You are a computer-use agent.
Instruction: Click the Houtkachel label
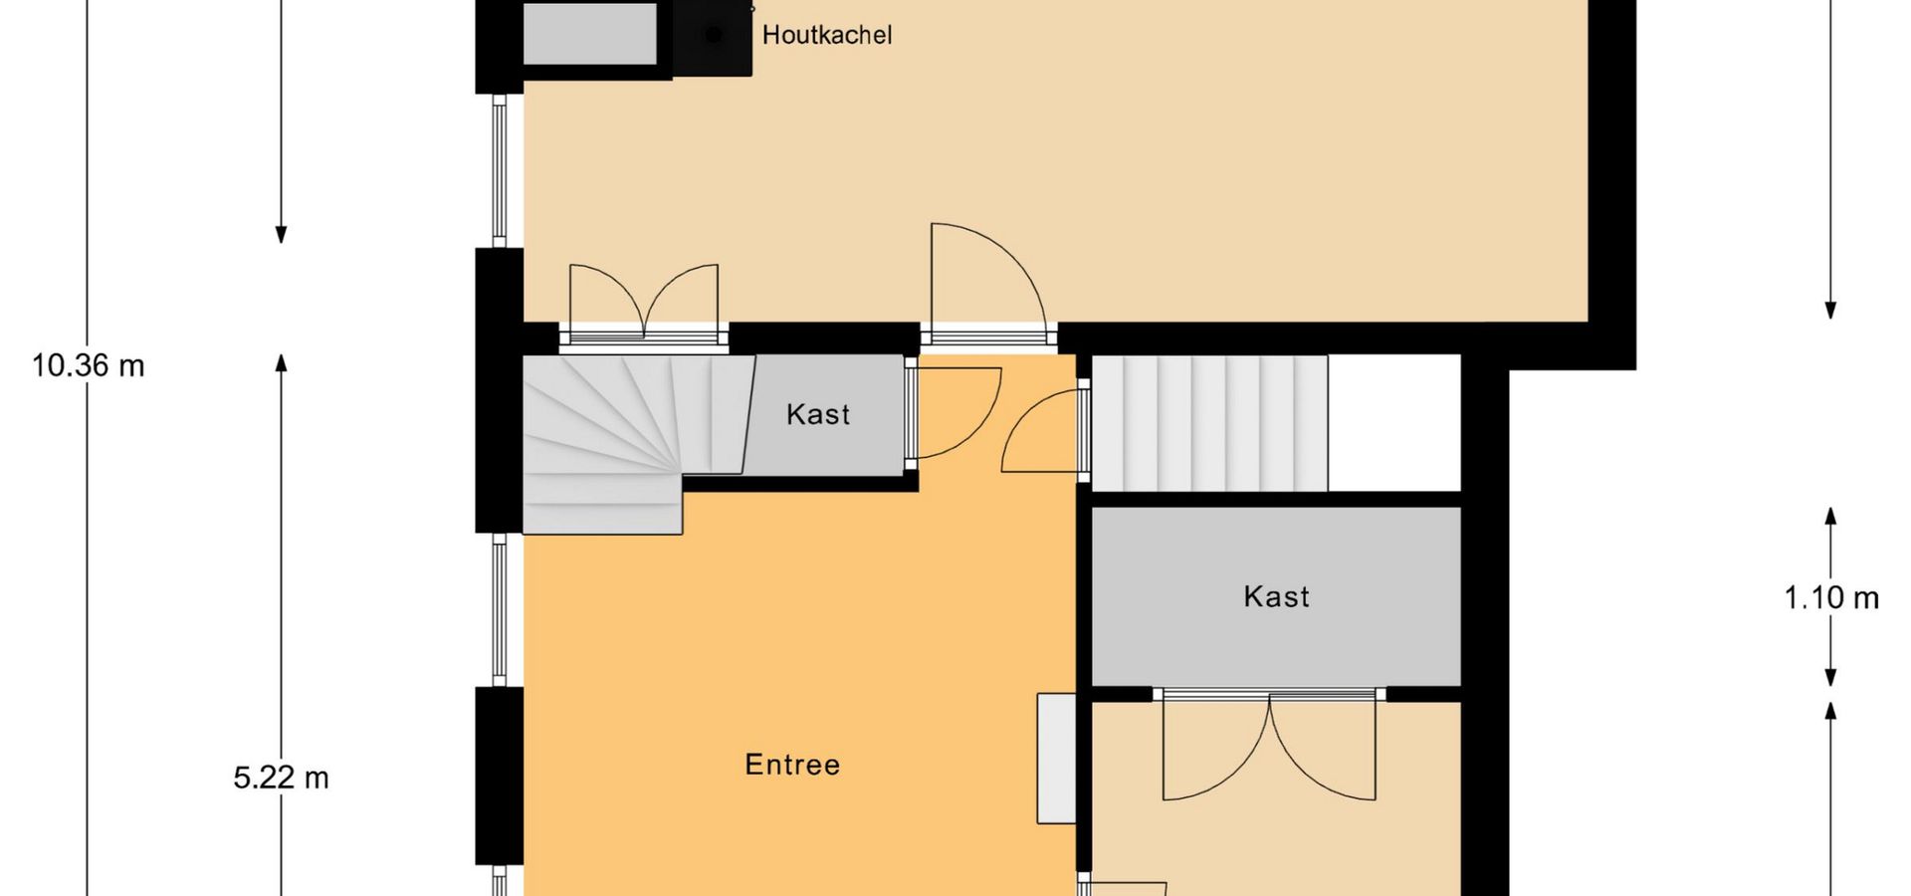click(826, 35)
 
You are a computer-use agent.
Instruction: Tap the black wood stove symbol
click(713, 36)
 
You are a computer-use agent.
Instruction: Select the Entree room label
click(792, 765)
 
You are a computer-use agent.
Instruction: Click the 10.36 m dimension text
click(89, 365)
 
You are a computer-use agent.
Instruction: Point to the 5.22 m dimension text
click(281, 778)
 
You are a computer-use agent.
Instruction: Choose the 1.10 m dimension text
click(1831, 597)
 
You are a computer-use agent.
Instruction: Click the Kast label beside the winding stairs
click(818, 414)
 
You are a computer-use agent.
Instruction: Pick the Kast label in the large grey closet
click(1276, 596)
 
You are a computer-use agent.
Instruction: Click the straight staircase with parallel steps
click(1210, 423)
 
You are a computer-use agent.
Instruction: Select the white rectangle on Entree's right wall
click(1056, 759)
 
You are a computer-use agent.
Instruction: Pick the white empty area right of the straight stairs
click(1393, 423)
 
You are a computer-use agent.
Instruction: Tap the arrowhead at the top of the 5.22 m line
click(281, 363)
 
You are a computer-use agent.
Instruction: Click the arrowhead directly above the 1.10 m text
click(1829, 517)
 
